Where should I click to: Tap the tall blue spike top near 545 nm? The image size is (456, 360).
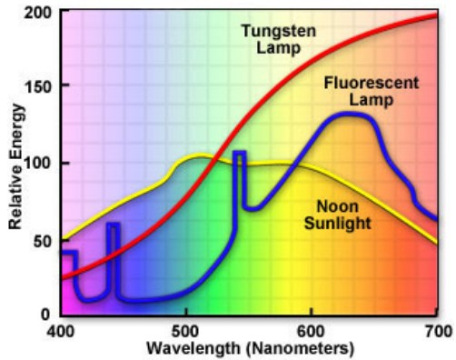pyautogui.click(x=240, y=153)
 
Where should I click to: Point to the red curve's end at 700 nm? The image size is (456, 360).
pyautogui.click(x=436, y=15)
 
